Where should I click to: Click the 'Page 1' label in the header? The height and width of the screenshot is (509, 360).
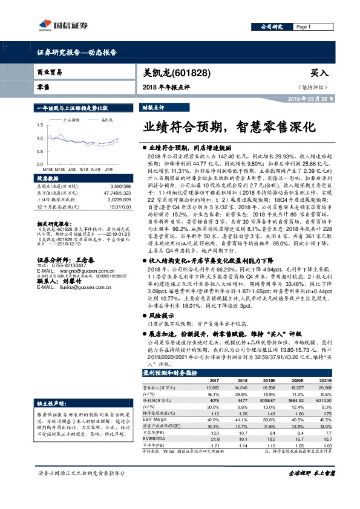click(304, 27)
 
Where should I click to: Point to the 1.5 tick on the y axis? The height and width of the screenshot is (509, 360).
click(39, 123)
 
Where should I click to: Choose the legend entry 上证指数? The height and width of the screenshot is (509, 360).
click(74, 120)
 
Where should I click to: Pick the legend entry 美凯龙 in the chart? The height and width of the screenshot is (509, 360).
click(106, 120)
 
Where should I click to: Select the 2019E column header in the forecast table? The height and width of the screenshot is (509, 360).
click(267, 380)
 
